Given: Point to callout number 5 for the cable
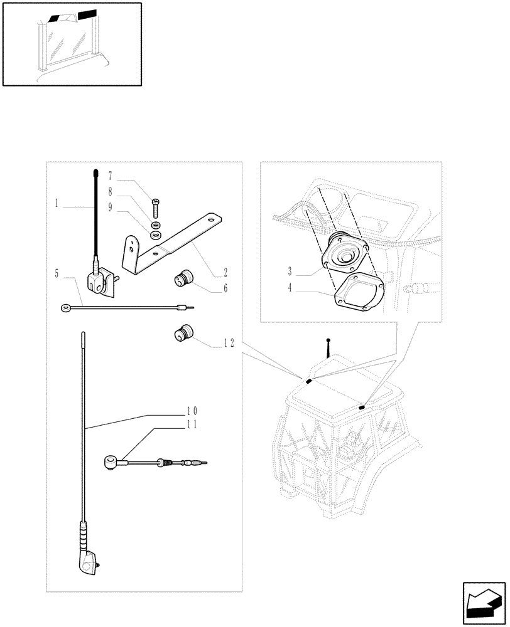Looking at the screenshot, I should [57, 274].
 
